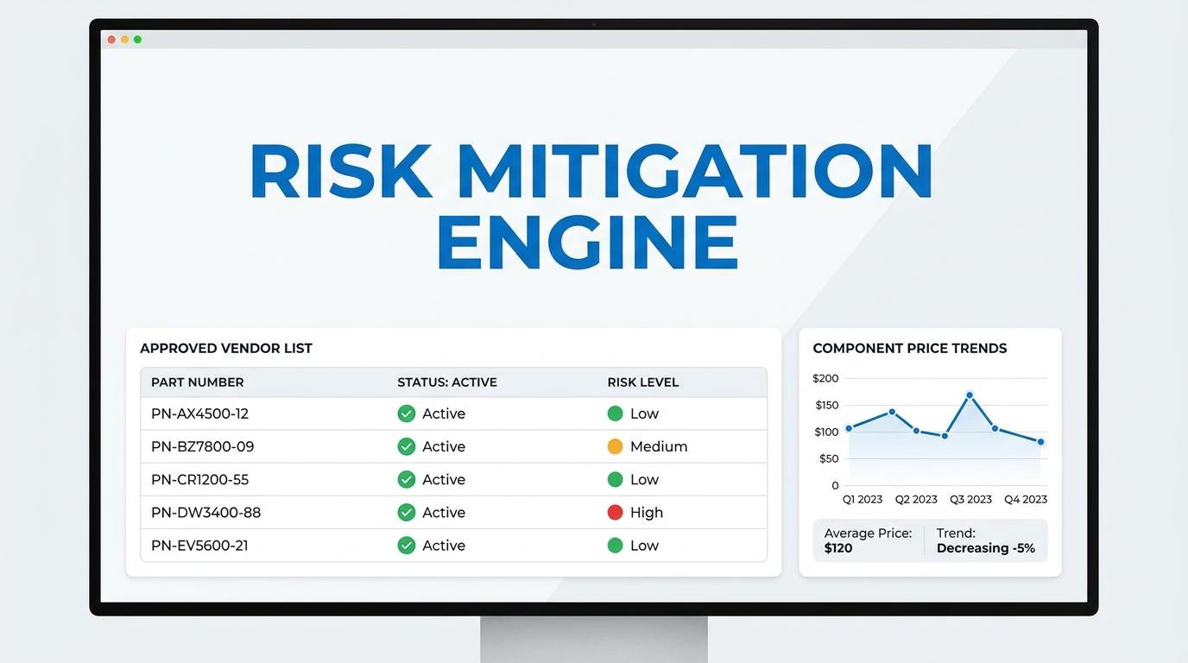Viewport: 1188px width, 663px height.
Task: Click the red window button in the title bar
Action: click(111, 39)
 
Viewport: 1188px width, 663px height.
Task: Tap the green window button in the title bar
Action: click(137, 39)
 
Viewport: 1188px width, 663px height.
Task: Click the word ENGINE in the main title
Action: click(588, 243)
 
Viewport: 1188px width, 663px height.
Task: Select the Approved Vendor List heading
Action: click(226, 348)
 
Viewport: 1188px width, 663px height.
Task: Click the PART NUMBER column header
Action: click(198, 382)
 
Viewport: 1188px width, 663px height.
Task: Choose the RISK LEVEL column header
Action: click(643, 382)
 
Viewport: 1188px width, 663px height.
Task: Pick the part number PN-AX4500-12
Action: click(199, 414)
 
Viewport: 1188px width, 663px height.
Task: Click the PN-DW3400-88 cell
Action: click(205, 513)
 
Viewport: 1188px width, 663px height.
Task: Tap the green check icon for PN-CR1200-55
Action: click(407, 479)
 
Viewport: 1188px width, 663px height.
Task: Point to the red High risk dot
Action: click(615, 513)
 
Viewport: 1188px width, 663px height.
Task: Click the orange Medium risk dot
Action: click(615, 446)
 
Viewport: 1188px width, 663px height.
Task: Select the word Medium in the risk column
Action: click(659, 446)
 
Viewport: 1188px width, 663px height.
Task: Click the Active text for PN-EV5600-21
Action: click(444, 546)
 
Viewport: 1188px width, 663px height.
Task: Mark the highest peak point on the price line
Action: click(970, 395)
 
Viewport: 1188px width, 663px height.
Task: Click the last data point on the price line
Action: click(1040, 442)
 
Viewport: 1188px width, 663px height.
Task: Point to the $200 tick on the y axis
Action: click(825, 378)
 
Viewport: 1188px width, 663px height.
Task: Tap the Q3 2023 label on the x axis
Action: click(970, 499)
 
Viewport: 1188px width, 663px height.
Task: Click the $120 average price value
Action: click(838, 548)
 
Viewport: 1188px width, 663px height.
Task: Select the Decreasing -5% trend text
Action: click(985, 548)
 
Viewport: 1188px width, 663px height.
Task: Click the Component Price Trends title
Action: click(910, 348)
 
